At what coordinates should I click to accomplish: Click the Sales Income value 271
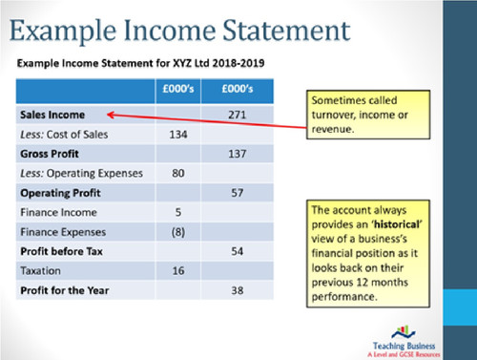(238, 115)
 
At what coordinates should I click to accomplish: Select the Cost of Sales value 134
(178, 135)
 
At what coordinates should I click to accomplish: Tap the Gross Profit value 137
(238, 154)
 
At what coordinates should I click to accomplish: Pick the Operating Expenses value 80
(178, 173)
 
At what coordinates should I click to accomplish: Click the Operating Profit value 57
(238, 193)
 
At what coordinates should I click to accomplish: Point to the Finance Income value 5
(178, 212)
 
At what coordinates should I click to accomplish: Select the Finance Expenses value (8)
(178, 232)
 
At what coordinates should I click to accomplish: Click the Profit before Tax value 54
(238, 251)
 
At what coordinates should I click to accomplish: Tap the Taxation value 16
(178, 271)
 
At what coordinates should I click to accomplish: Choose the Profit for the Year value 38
(238, 290)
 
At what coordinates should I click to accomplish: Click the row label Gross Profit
(50, 154)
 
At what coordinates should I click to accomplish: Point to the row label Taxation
(40, 271)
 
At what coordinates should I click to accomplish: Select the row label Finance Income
(58, 212)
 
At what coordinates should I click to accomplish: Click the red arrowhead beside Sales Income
(111, 115)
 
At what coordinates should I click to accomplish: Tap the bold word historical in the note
(397, 224)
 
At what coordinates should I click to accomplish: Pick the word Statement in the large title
(286, 31)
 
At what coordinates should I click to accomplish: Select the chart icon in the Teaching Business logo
(404, 332)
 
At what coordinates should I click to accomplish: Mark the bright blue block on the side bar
(460, 307)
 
